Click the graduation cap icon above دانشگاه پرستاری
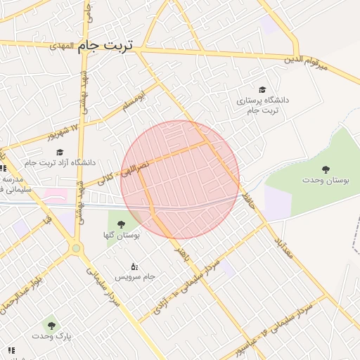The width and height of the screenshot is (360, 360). tap(263, 90)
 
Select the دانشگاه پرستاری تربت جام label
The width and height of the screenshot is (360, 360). tap(264, 105)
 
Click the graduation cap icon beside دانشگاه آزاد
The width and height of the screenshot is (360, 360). tap(60, 152)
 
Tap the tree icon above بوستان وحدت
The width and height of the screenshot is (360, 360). tap(326, 169)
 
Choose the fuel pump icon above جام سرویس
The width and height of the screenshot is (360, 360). tap(134, 266)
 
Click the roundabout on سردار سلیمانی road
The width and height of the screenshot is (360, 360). tap(76, 247)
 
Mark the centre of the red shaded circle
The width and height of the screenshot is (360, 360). tap(181, 179)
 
